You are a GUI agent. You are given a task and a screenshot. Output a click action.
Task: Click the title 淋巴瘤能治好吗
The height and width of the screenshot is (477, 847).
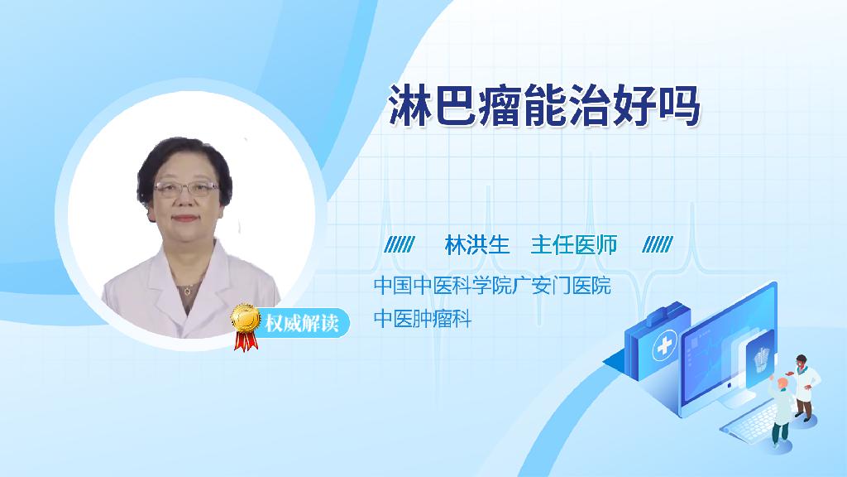pos(544,106)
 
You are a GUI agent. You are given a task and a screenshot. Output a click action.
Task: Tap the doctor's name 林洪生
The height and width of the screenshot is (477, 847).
pos(477,245)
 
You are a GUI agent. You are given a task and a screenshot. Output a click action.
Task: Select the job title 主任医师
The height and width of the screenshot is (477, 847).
pos(574,245)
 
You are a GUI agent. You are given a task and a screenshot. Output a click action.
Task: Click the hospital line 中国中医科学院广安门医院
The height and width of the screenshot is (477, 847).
pos(492,286)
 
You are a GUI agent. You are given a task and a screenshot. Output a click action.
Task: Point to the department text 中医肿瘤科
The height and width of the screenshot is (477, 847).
pos(423,319)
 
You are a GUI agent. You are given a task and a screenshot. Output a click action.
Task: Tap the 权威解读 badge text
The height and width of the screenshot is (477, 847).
pos(302,324)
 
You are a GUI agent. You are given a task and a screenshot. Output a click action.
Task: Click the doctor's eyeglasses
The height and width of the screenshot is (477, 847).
pos(186,188)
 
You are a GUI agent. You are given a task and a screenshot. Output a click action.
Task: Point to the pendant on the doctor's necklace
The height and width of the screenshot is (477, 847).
pos(187,291)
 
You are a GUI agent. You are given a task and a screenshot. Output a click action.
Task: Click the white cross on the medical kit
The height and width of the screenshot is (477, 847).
pos(665,345)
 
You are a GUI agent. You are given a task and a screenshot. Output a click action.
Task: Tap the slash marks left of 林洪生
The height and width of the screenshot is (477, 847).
pos(400,245)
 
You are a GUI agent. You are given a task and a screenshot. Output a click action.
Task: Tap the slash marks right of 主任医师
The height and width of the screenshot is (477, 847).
pos(658,245)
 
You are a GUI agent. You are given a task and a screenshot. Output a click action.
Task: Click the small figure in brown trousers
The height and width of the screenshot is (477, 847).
pos(804,388)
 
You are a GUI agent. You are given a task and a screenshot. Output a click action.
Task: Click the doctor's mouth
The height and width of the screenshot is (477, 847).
pos(184,219)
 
